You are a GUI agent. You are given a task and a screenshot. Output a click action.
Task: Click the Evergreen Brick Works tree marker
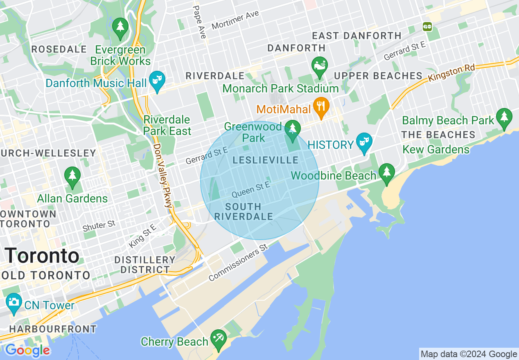(120, 27)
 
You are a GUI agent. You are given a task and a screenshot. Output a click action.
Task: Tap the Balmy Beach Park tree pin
(504, 117)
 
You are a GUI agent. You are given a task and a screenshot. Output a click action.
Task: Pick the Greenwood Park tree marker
(292, 128)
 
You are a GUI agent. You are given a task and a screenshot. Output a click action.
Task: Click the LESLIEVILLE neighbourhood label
(266, 161)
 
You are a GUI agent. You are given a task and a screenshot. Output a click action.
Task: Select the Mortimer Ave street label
(235, 20)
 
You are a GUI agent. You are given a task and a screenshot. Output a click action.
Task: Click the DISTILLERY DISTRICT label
(145, 265)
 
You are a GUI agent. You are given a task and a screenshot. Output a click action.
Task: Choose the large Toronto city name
(42, 256)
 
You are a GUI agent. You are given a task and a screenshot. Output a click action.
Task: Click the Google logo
(27, 350)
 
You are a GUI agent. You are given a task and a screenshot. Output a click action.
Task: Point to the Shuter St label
(99, 225)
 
